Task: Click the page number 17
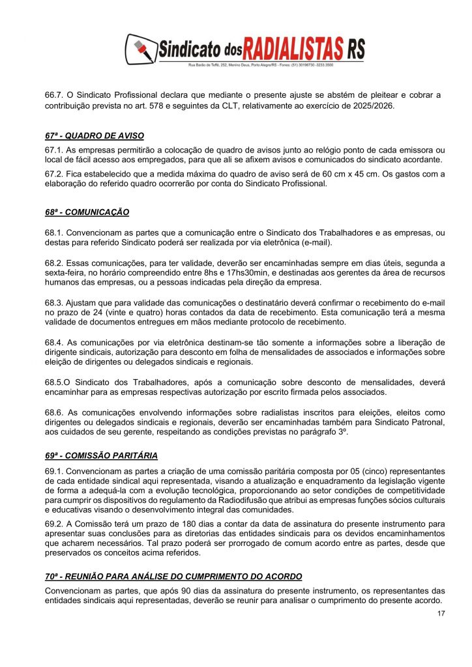click(441, 613)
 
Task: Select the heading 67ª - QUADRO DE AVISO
click(90, 136)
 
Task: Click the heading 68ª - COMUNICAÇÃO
click(87, 212)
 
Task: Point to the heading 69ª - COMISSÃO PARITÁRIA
click(101, 455)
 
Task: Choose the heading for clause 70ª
click(173, 577)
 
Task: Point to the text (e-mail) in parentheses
click(312, 243)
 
